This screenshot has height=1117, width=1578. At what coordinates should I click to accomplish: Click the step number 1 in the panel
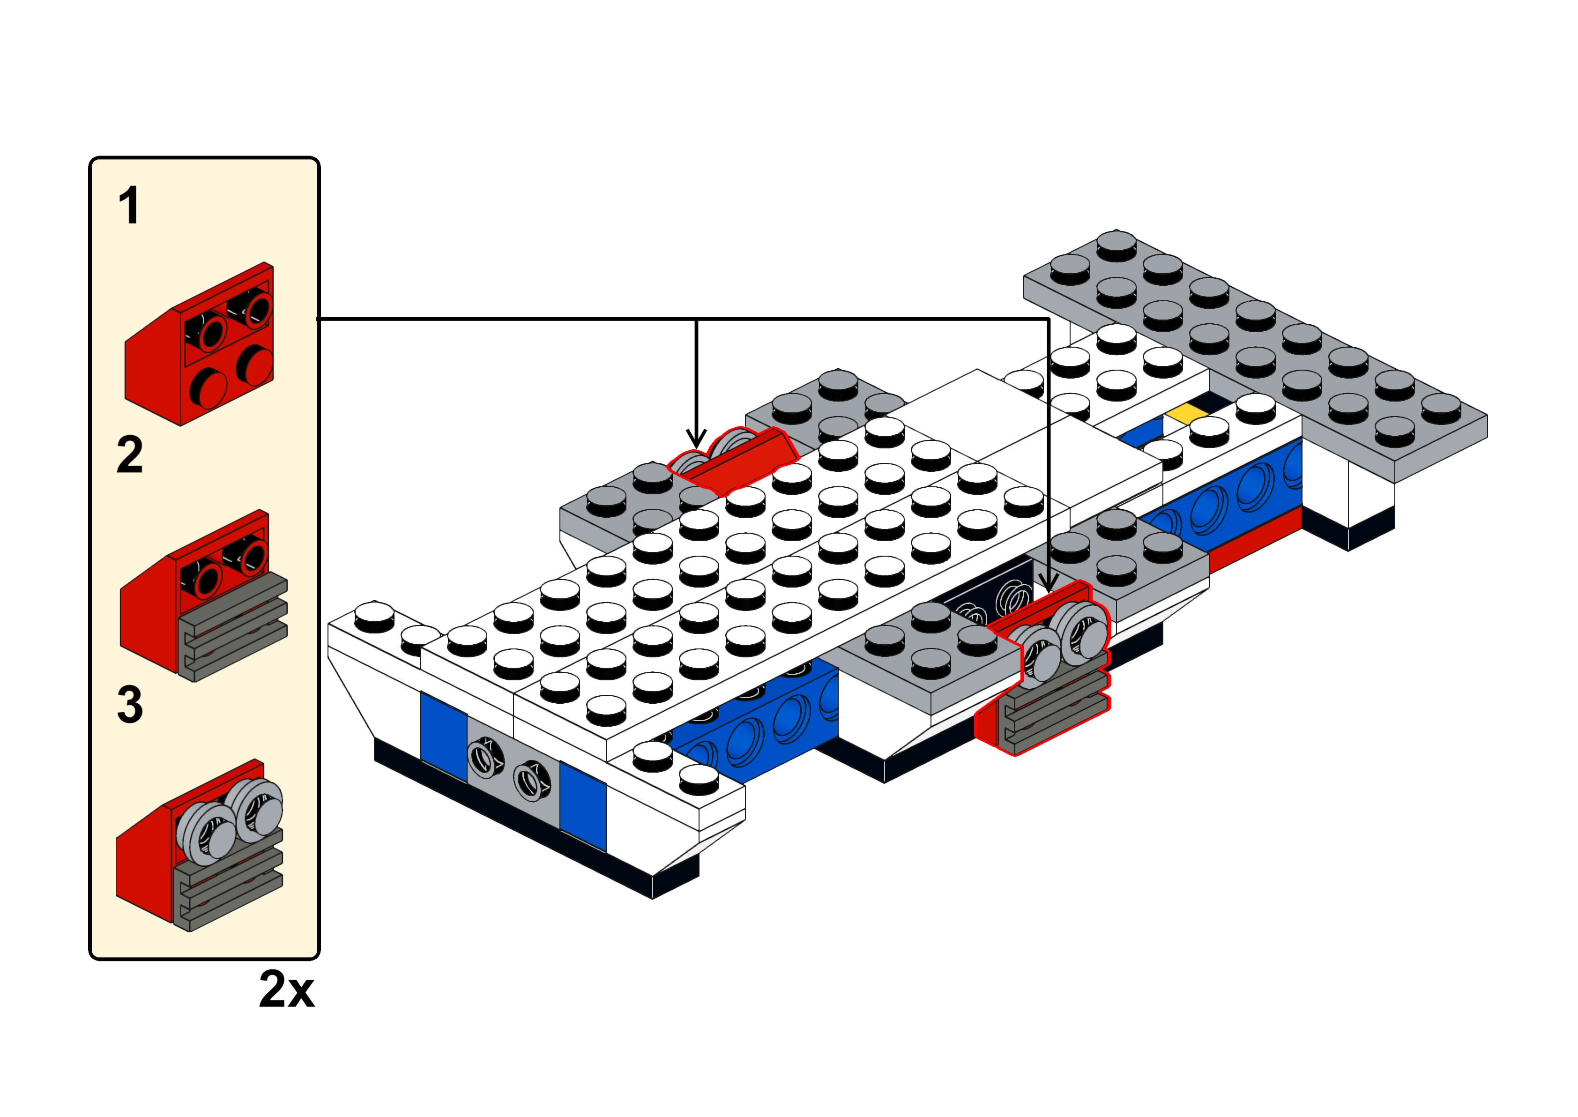pos(129,206)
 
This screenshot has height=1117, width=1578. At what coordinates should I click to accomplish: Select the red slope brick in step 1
pos(200,343)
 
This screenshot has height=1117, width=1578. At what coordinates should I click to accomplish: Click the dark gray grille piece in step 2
pos(233,626)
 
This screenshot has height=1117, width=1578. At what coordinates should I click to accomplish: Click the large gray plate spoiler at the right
pos(1256,354)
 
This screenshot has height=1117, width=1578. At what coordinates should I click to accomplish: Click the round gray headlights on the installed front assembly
pos(1062,638)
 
